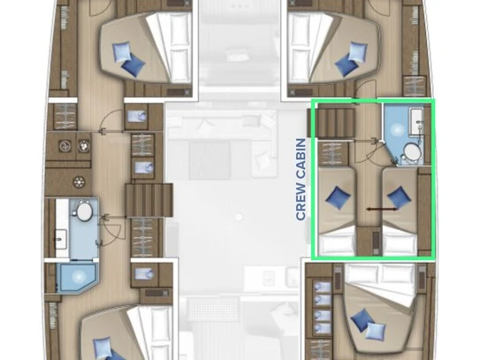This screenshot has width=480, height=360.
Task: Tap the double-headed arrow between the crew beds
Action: pos(382,210)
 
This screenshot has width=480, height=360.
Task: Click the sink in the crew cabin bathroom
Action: pos(416,121)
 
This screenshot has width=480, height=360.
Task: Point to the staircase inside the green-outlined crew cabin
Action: pos(336,123)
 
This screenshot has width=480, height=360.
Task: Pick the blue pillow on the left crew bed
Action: pos(338,198)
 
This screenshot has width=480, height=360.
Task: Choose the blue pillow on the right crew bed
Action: pos(400,197)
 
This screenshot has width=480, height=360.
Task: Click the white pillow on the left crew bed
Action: pos(337,244)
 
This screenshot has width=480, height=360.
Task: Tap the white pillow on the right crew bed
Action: pos(400,244)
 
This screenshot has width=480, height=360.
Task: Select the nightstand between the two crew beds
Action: pos(370,241)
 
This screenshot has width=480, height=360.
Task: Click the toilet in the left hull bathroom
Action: pos(83,211)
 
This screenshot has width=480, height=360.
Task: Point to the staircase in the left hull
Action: pos(149,201)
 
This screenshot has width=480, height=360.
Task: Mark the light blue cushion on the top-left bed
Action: pos(121,52)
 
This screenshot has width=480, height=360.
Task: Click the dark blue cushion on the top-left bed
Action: pos(133,65)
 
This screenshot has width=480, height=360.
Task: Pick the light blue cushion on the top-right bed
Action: pos(358,50)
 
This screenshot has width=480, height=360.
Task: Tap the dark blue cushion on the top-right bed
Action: pos(346,65)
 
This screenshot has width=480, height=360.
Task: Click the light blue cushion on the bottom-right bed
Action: pos(376,332)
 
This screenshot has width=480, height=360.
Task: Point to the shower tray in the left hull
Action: pos(77,277)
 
